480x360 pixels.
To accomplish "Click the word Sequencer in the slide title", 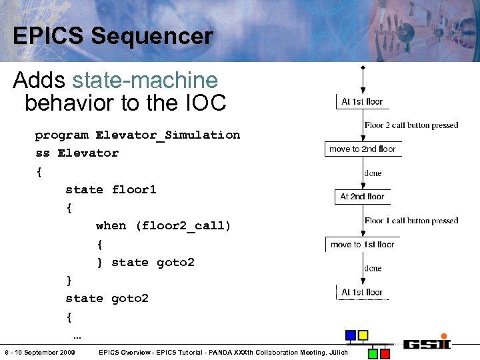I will click(x=151, y=36).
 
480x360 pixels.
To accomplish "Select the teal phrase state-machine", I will click(x=145, y=81).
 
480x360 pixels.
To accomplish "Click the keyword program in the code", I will click(x=61, y=135).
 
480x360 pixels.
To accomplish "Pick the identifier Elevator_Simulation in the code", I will click(x=167, y=135).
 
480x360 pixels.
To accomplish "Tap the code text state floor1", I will click(x=111, y=190).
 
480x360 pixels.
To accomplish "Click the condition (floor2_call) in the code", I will click(x=183, y=226).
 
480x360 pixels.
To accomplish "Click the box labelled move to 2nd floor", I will click(x=362, y=149).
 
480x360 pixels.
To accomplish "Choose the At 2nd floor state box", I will click(x=362, y=197).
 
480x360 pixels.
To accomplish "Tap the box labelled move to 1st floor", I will click(x=362, y=245).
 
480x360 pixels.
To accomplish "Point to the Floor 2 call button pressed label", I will click(x=411, y=125).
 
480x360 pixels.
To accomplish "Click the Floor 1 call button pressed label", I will click(x=411, y=221).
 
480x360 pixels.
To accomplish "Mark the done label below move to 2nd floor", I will click(x=373, y=173).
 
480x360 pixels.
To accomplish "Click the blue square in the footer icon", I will click(x=351, y=335).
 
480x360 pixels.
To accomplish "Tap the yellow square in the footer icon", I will click(x=363, y=335).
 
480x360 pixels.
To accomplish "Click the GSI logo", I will click(x=426, y=343).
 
